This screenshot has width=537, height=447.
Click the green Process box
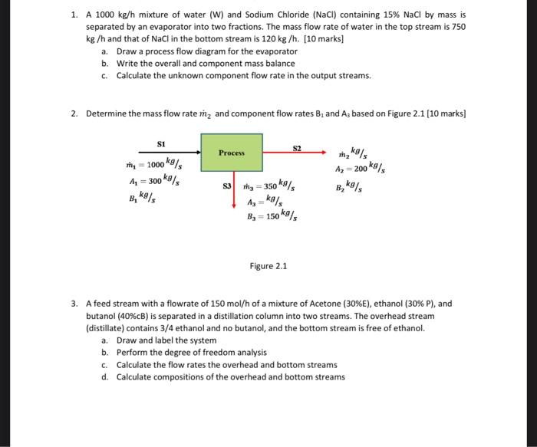pyautogui.click(x=231, y=153)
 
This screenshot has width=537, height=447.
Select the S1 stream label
pyautogui.click(x=160, y=143)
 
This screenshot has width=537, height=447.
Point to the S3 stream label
pyautogui.click(x=227, y=186)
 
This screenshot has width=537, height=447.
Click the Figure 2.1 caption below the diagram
pyautogui.click(x=268, y=266)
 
